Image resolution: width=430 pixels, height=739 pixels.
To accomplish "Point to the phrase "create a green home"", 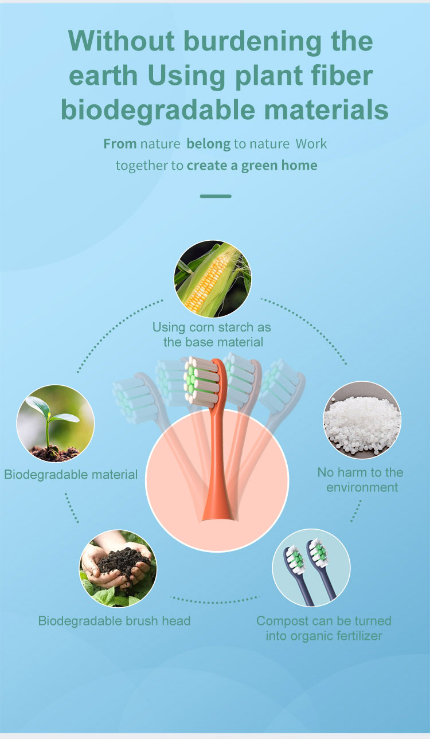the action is pos(252,166).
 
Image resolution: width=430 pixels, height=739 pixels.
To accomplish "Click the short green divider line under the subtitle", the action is pos(216,196).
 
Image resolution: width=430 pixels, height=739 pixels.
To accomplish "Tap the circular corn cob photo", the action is pos(213,279).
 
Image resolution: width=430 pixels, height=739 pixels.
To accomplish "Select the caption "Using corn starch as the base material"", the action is pos(212,335).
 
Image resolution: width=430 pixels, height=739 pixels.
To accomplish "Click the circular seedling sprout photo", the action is pos(56,424).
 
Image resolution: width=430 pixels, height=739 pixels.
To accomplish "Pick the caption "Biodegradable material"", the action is pos(71,474).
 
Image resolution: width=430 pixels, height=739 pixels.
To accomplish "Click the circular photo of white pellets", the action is pos(362,420).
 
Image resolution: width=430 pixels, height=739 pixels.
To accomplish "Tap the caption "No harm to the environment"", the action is pos(361,480).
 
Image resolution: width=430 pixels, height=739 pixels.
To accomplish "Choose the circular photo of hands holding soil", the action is pos(118,568).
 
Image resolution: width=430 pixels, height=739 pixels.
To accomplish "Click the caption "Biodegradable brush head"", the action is pos(114,620).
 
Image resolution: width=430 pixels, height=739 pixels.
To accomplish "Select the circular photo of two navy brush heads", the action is pos(311,568).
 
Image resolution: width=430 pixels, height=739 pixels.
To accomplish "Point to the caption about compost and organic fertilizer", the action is pos(324,628).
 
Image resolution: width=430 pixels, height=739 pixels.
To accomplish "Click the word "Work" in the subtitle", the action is pos(311,144).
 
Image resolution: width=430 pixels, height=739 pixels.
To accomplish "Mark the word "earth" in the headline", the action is pos(103,76).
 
